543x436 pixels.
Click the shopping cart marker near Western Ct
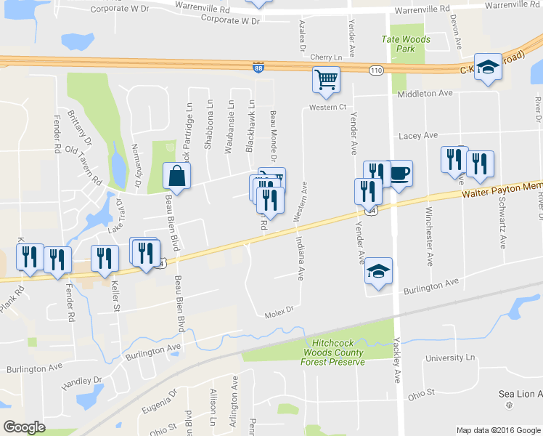[x=327, y=80]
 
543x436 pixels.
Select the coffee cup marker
[x=399, y=173]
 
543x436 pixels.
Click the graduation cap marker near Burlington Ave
[x=378, y=270]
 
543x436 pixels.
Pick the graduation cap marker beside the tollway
[x=489, y=66]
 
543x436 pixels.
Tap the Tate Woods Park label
[x=406, y=44]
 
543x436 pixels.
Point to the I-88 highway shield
[x=258, y=67]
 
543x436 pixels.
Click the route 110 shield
[x=375, y=70]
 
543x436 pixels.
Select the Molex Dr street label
[x=277, y=310]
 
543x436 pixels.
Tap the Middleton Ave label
[x=425, y=94]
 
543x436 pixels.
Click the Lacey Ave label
[x=418, y=136]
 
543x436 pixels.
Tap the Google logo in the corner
[x=24, y=427]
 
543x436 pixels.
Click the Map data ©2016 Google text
[x=498, y=430]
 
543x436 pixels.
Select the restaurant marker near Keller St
[x=105, y=259]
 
